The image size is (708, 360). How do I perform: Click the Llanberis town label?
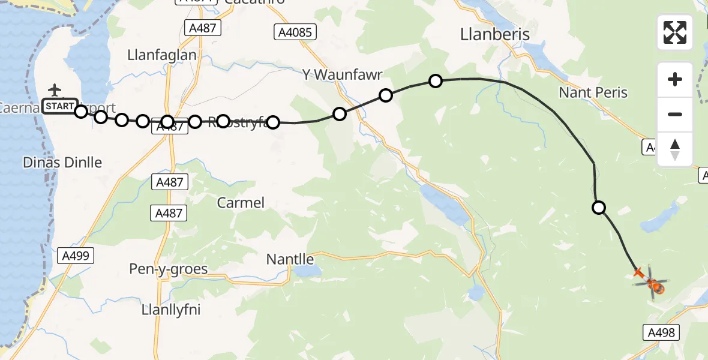pos(495,35)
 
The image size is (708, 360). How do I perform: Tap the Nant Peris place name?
pos(593,92)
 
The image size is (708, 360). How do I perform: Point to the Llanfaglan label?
pos(162,55)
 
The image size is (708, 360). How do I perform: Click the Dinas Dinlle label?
pos(62,162)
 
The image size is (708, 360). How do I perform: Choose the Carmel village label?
pos(241,203)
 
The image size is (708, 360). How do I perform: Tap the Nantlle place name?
pos(290,259)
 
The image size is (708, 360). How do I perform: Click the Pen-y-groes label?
pos(169,269)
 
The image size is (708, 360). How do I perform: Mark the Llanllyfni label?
pos(171,310)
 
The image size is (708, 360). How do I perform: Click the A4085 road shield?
pos(295,32)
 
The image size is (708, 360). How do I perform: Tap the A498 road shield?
pos(662,332)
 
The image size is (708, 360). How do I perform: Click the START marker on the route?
pos(59,107)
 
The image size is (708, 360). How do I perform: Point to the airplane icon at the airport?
pos(55,90)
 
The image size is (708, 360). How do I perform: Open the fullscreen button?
pos(675,32)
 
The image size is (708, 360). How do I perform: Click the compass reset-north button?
pos(675,149)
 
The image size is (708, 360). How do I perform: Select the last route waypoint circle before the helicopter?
pos(599,208)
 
